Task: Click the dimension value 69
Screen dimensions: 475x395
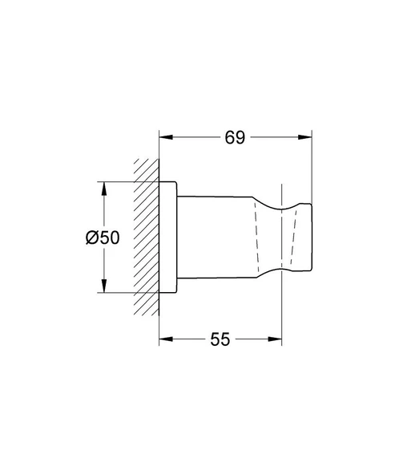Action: coord(234,137)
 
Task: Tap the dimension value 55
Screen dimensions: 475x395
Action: coord(220,339)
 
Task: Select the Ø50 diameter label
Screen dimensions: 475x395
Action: coord(102,237)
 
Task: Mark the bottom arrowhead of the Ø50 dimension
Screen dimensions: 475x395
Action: coord(102,289)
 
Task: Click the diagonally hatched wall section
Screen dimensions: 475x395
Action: coord(146,237)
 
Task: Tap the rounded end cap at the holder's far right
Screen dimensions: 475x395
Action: coord(303,237)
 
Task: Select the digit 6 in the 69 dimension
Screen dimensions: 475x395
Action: coord(228,137)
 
